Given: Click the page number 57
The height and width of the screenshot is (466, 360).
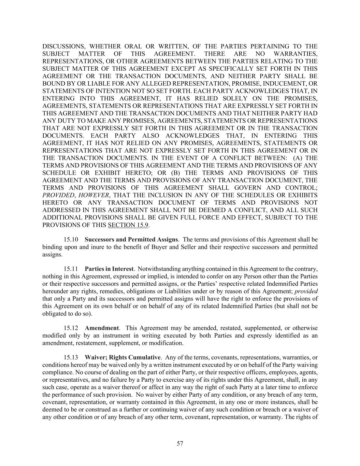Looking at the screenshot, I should click(180, 443).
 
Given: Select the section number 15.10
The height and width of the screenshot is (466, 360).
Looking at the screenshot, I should click(71, 240).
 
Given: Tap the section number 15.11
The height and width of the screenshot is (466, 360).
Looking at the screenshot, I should click(71, 269).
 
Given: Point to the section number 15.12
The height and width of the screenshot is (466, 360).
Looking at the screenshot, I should click(71, 328).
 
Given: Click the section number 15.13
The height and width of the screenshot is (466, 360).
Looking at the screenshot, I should click(71, 357).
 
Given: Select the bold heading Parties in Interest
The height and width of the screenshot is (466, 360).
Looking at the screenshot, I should click(109, 269).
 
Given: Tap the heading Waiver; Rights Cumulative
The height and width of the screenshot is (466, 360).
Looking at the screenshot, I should click(123, 357).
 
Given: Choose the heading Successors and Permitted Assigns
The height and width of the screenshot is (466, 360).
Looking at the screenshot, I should click(131, 240).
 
